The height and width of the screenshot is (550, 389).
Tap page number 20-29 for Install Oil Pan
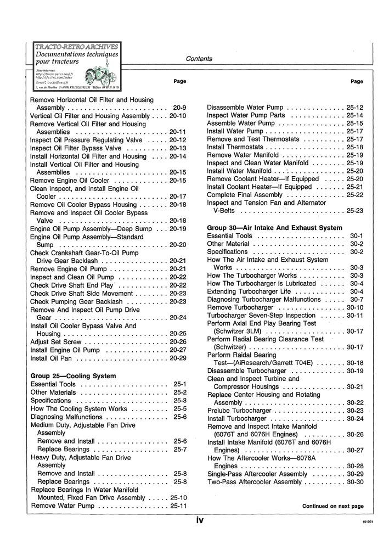pos(178,358)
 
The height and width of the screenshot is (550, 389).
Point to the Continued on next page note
pos(332,506)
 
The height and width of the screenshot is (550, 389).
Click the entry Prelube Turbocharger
pos(239,411)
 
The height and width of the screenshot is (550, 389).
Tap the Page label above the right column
pos(356,81)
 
